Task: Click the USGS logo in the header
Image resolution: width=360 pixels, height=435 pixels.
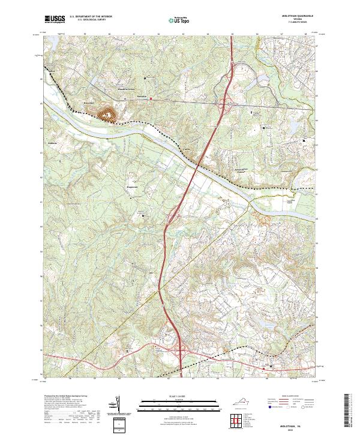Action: [x=55, y=19]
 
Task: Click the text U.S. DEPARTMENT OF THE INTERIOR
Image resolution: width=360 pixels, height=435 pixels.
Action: [x=90, y=17]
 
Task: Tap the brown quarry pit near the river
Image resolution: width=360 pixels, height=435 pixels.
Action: [x=109, y=113]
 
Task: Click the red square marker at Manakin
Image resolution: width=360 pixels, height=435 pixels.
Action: [x=152, y=98]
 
